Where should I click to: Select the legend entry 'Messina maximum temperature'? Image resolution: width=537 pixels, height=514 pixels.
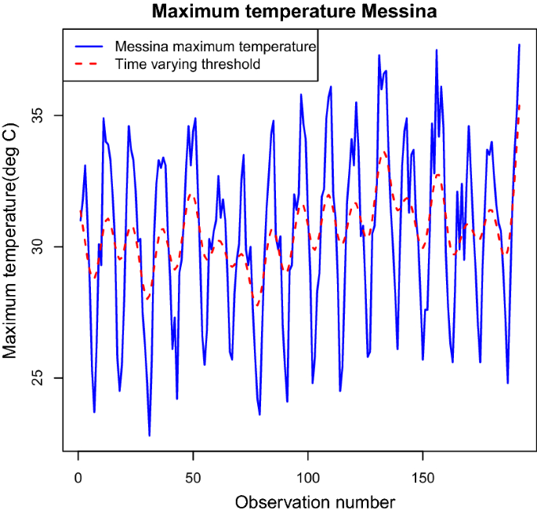pos(214,46)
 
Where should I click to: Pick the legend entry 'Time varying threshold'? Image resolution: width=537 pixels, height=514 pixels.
pos(187,64)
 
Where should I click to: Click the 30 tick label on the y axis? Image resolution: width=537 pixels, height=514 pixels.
pos(46,247)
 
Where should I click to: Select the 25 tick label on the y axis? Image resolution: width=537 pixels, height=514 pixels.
pos(46,378)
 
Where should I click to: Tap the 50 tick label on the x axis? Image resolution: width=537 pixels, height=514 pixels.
pos(193,476)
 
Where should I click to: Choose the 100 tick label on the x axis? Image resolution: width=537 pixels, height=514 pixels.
pos(308,476)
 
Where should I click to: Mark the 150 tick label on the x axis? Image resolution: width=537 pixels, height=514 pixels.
pos(423,476)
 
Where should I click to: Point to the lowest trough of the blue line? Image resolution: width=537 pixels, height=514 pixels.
pos(149,435)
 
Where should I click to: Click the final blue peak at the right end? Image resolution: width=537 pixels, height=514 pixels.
pos(519,45)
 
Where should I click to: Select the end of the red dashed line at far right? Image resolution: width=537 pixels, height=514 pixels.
pos(519,105)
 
